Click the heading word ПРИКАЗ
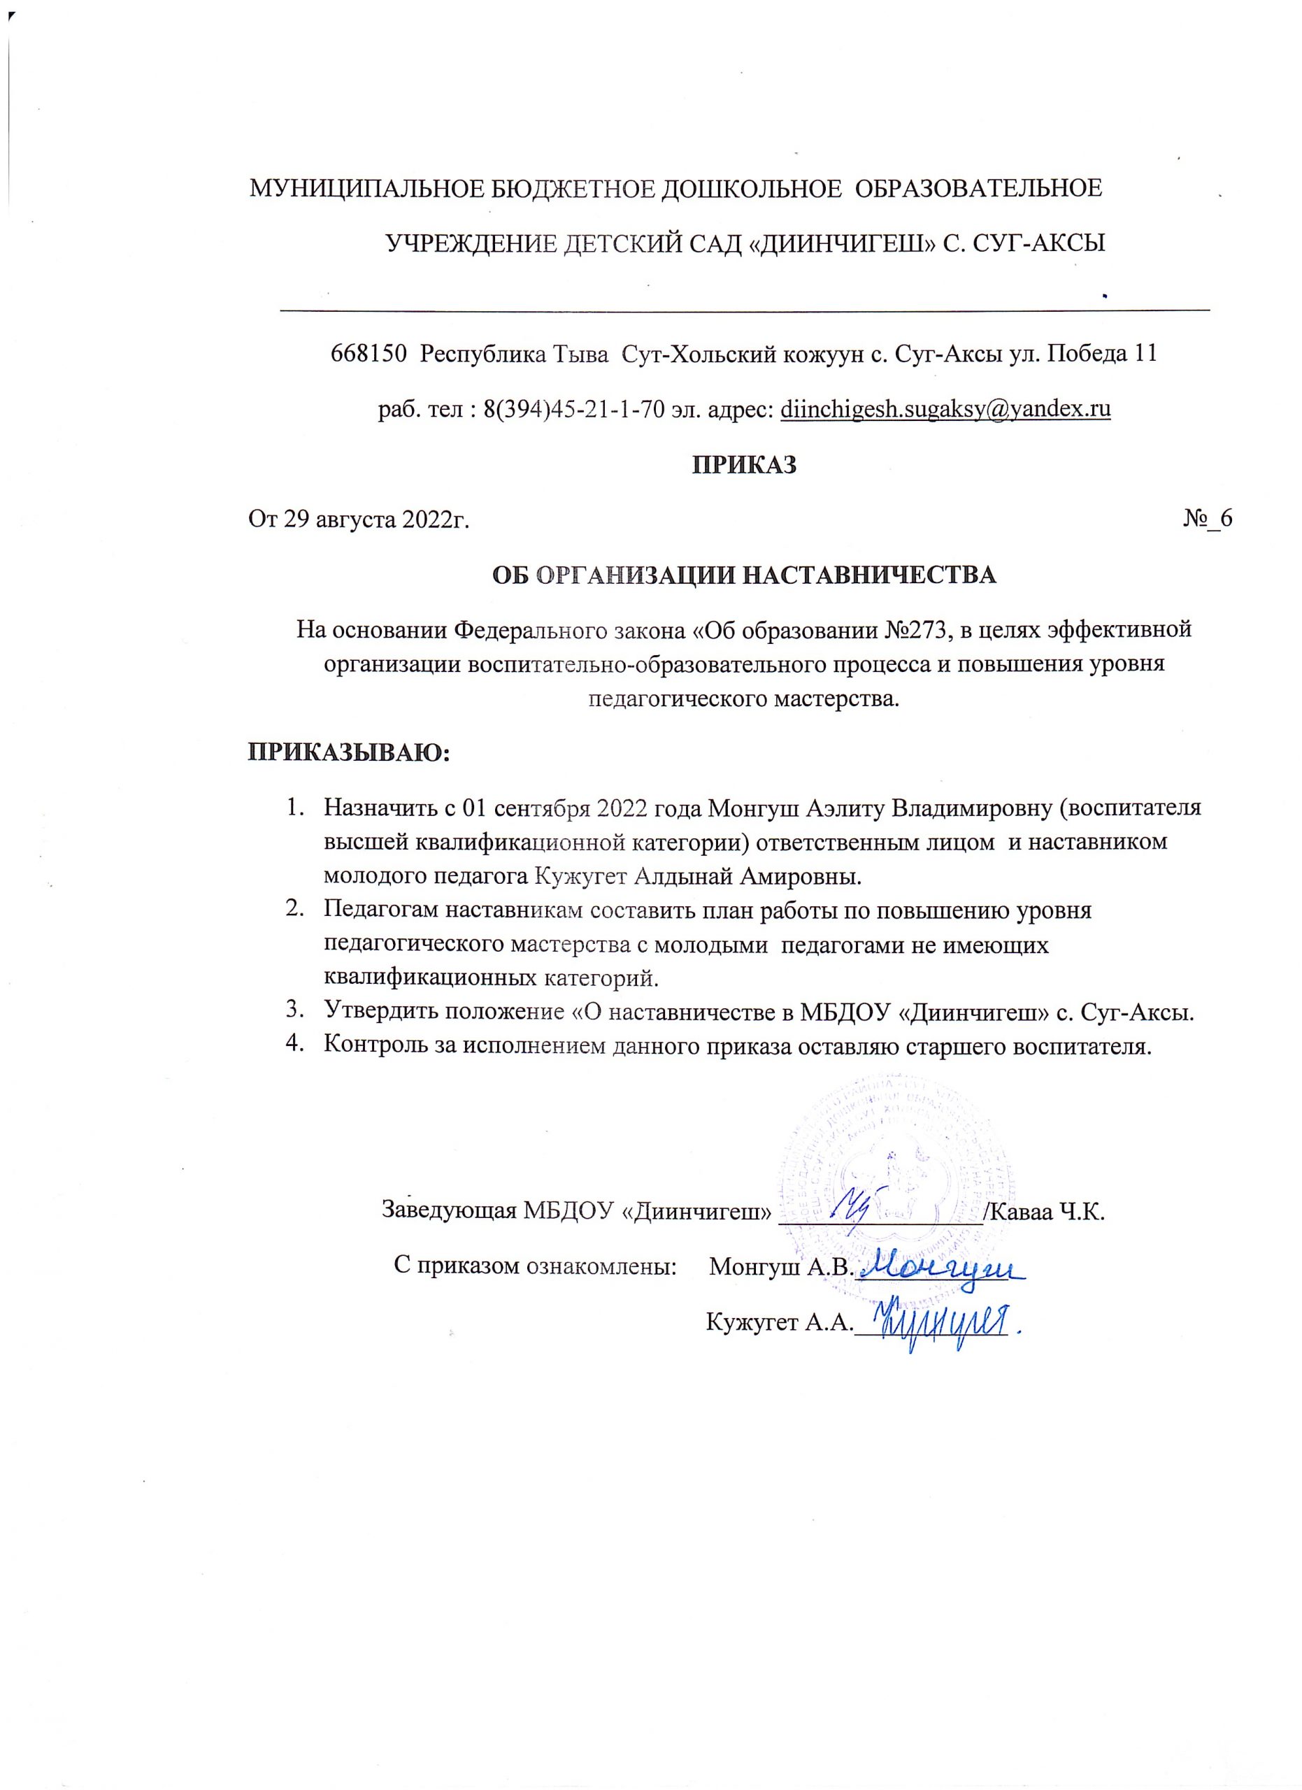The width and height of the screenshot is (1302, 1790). coord(744,466)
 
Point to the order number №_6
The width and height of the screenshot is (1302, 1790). coord(1208,519)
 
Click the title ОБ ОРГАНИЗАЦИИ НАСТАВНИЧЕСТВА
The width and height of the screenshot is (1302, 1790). coord(744,575)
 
